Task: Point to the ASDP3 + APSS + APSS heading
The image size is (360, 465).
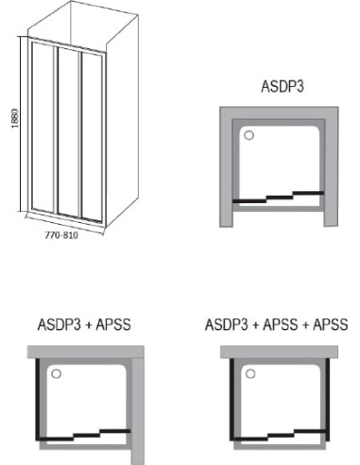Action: click(277, 324)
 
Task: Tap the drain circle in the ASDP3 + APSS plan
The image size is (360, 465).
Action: click(55, 373)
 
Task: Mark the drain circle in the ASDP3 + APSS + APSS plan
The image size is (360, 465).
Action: click(249, 373)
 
